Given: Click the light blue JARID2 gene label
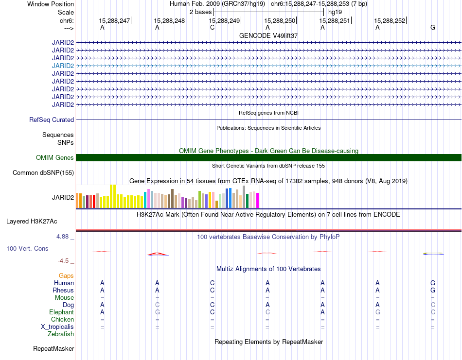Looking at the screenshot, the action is pyautogui.click(x=63, y=66).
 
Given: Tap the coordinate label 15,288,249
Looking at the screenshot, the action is pyautogui.click(x=224, y=20).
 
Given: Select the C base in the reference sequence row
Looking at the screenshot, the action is pyautogui.click(x=212, y=27).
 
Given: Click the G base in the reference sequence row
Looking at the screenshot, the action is pyautogui.click(x=432, y=27).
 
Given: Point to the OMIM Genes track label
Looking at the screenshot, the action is pyautogui.click(x=54, y=157).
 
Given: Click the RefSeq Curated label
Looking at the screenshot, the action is pyautogui.click(x=52, y=120).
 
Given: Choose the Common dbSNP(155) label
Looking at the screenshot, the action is pyautogui.click(x=43, y=173).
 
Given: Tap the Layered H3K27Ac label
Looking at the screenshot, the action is pyautogui.click(x=32, y=222).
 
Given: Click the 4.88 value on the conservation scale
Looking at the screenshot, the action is pyautogui.click(x=62, y=237).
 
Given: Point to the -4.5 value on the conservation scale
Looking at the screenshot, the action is pyautogui.click(x=63, y=261).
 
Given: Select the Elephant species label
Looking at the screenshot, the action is pyautogui.click(x=61, y=312).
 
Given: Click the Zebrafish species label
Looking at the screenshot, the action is pyautogui.click(x=61, y=334).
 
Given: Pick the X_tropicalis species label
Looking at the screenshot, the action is pyautogui.click(x=57, y=327).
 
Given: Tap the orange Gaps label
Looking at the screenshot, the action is pyautogui.click(x=66, y=275).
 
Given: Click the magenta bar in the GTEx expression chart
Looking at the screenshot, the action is pyautogui.click(x=258, y=201).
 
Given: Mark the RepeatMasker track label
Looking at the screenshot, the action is pyautogui.click(x=53, y=348).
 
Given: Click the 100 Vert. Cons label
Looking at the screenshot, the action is pyautogui.click(x=27, y=248).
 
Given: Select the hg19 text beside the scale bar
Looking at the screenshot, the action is pyautogui.click(x=335, y=12).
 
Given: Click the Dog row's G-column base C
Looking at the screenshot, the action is pyautogui.click(x=433, y=305).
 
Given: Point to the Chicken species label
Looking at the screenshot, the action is pyautogui.click(x=62, y=319).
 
